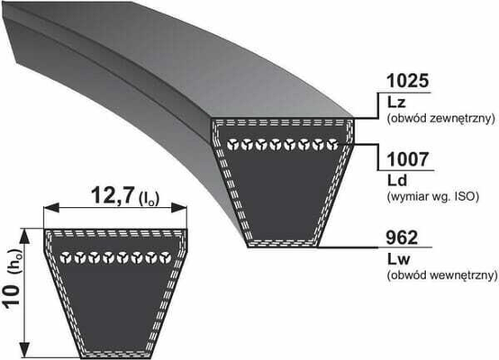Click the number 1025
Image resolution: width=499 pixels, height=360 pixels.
pos(408,81)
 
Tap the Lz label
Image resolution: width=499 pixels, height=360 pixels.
pos(396,103)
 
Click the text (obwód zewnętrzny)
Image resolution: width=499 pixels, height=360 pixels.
pos(441,119)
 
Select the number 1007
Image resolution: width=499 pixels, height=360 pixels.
pos(408,159)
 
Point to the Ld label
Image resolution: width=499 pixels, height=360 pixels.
pos(397,180)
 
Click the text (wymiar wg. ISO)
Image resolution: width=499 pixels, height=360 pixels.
pos(433,196)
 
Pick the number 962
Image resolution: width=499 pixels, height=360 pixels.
pos(402,238)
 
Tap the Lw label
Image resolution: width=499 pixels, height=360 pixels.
pos(399,259)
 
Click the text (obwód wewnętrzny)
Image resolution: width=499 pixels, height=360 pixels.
pos(442,275)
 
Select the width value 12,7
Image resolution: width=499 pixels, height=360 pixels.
pos(112,195)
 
